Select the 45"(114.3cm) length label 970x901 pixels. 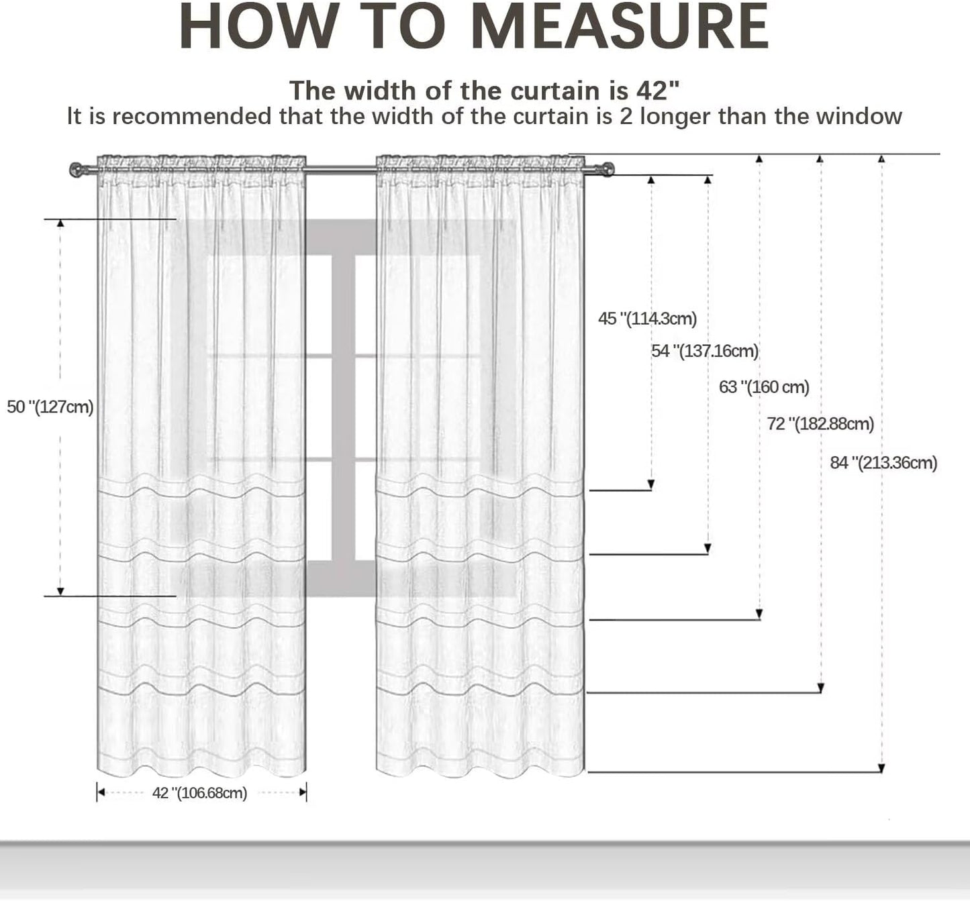pyautogui.click(x=647, y=319)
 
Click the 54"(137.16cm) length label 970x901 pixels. pyautogui.click(x=705, y=351)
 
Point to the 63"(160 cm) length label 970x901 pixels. pyautogui.click(x=764, y=387)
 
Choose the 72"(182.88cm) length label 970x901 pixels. pyautogui.click(x=820, y=424)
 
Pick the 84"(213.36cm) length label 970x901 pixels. pyautogui.click(x=883, y=463)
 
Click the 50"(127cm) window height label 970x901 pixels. pyautogui.click(x=50, y=407)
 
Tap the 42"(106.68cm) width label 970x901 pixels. pyautogui.click(x=199, y=793)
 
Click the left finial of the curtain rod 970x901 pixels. pyautogui.click(x=77, y=170)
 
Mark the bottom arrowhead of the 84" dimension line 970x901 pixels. pyautogui.click(x=881, y=768)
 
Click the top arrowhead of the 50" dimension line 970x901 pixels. pyautogui.click(x=60, y=223)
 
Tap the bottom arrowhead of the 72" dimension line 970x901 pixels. pyautogui.click(x=821, y=688)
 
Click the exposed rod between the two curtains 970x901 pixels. pyautogui.click(x=341, y=170)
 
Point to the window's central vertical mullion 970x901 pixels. pyautogui.click(x=343, y=408)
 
